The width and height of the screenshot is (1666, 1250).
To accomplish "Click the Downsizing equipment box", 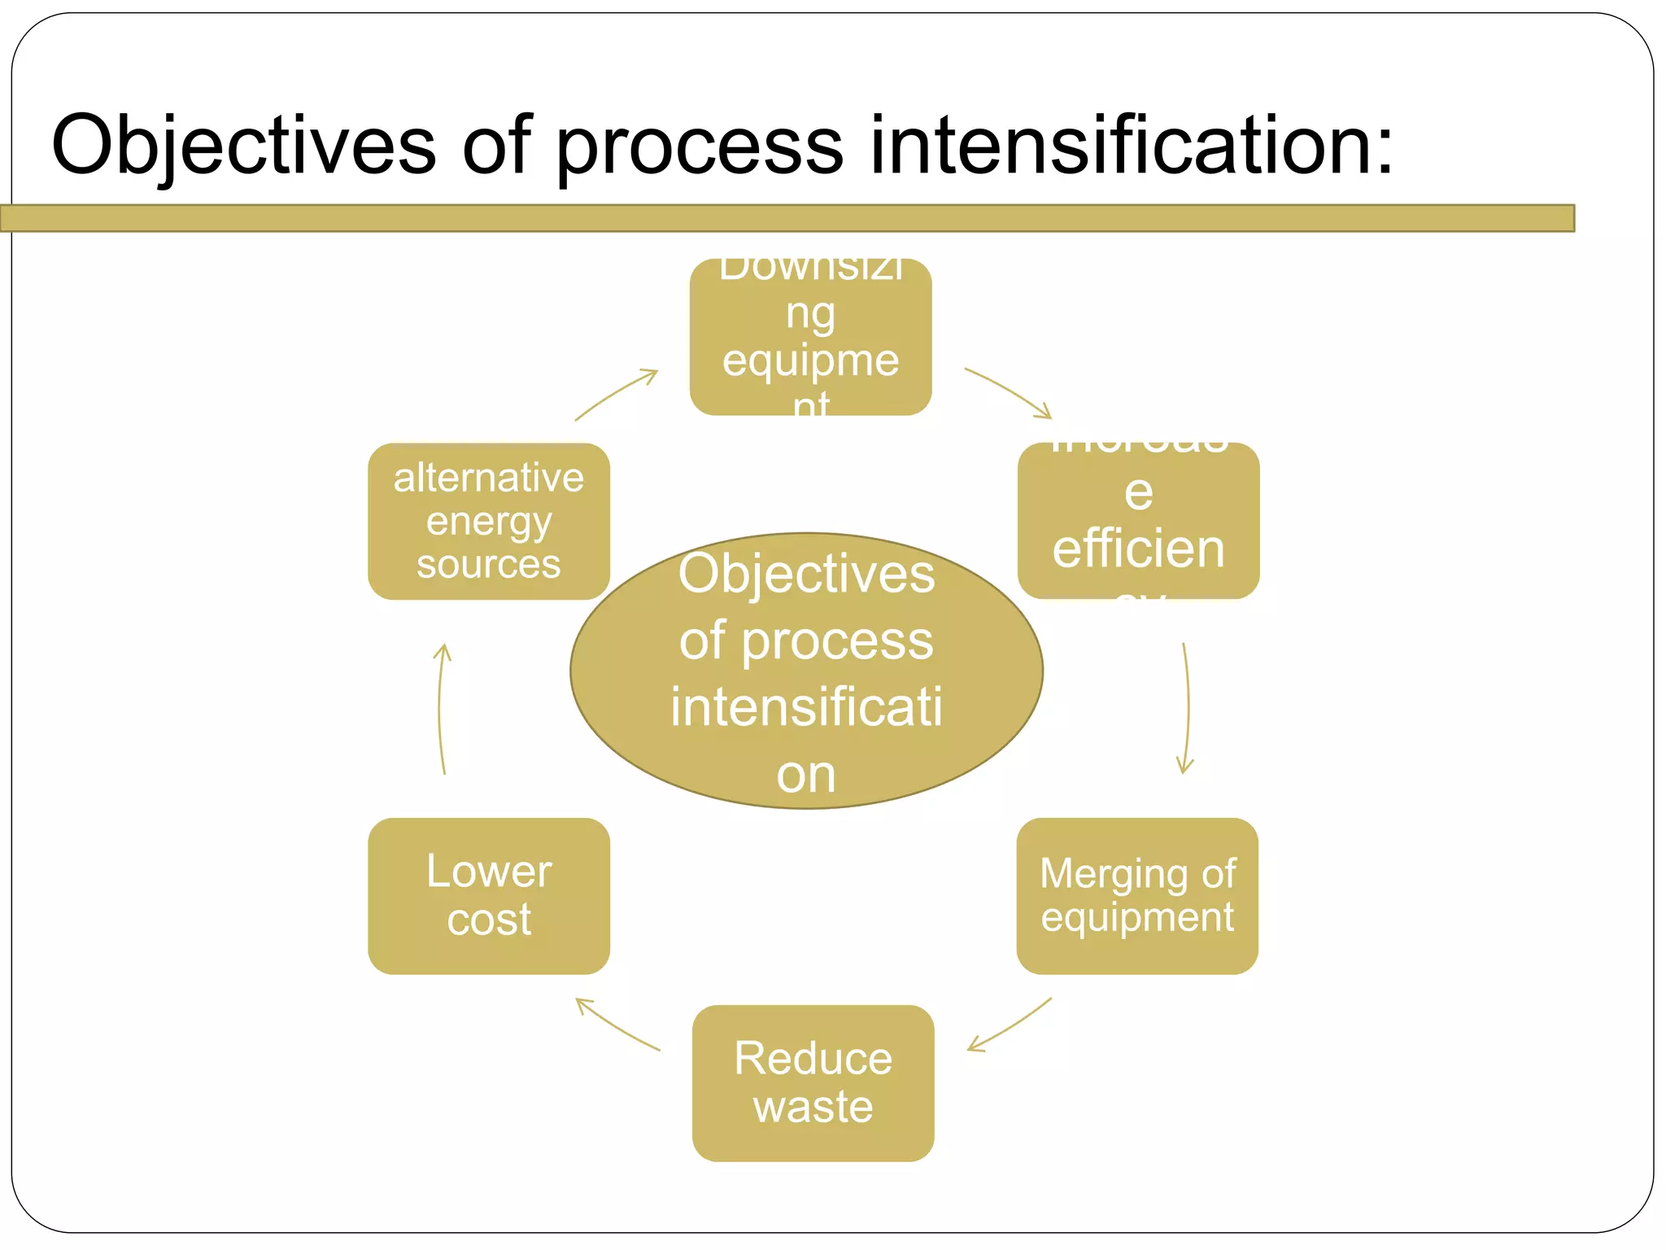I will coord(810,337).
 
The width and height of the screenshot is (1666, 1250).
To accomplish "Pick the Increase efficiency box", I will coord(1138,521).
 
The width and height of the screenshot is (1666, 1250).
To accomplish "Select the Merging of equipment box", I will coord(1137,895).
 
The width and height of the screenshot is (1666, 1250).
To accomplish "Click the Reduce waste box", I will coord(813,1082).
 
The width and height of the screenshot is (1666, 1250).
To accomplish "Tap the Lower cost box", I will coord(488,895).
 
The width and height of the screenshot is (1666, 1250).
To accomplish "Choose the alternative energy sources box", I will coord(488,521).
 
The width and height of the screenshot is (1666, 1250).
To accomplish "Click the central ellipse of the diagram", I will coord(806,671).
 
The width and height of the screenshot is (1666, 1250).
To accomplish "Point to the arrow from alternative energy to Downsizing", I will coord(615,394).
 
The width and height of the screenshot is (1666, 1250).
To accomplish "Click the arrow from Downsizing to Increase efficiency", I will coord(1009,391).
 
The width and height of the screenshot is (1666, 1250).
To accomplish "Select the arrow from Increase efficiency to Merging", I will coord(1187,708).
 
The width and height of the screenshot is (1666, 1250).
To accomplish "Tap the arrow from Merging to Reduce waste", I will coord(1010,1025).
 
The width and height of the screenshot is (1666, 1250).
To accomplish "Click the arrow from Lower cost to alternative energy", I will coord(440,708).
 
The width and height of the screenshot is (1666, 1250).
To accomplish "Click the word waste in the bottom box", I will coord(813,1107).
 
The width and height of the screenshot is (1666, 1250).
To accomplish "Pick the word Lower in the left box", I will coord(488,872).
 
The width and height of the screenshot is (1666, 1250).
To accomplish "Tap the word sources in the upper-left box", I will coord(488,564).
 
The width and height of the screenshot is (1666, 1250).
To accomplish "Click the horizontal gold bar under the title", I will coord(787,218).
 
